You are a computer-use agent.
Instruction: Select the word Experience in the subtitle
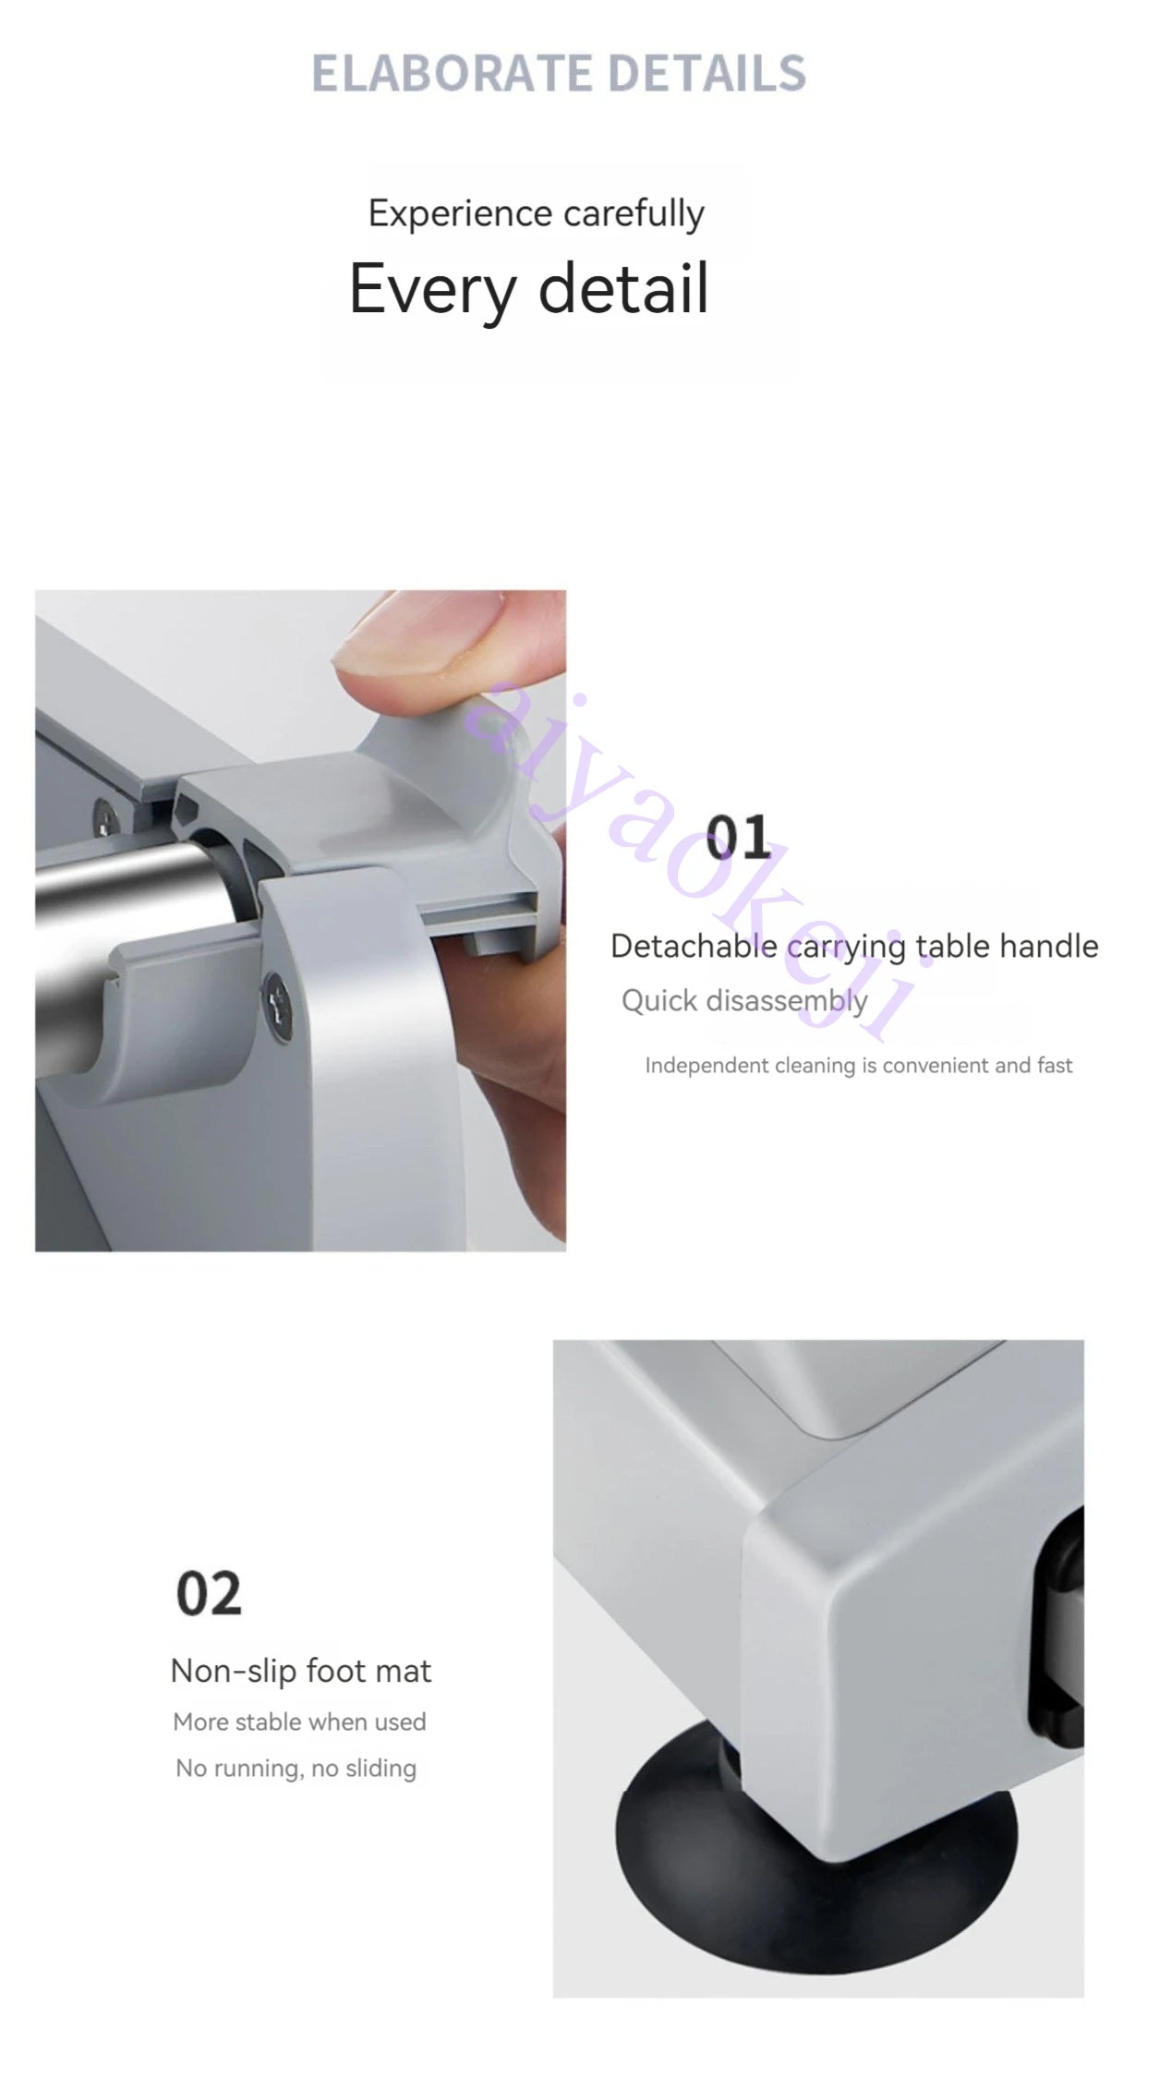460,214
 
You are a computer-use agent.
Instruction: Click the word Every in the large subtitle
432,289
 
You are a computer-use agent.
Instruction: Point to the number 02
210,1594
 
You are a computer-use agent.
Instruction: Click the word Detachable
694,946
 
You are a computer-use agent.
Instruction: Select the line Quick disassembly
744,1001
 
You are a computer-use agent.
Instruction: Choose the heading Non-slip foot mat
301,1671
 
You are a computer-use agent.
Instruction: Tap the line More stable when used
299,1722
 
